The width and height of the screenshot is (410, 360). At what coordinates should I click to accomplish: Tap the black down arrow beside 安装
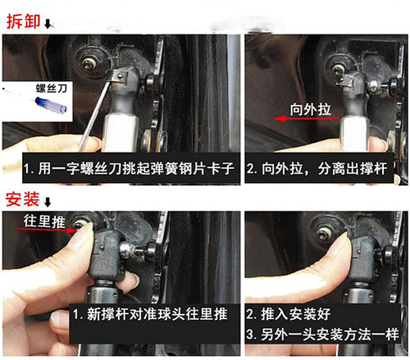[47, 203]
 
